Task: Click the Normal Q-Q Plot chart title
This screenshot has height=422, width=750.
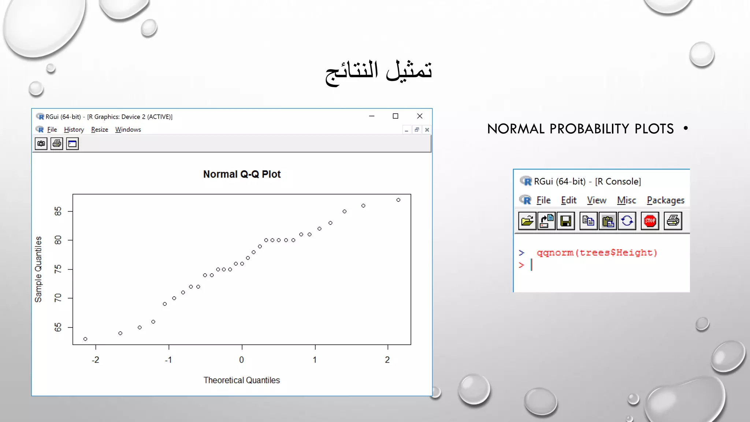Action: pyautogui.click(x=242, y=174)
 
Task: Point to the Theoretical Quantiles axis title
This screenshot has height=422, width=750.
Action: pyautogui.click(x=242, y=380)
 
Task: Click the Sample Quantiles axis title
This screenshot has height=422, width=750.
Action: pyautogui.click(x=38, y=269)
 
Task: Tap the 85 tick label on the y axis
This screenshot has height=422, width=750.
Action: pyautogui.click(x=58, y=211)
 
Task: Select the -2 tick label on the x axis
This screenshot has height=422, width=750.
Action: pyautogui.click(x=95, y=360)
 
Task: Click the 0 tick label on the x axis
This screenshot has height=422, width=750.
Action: pyautogui.click(x=241, y=360)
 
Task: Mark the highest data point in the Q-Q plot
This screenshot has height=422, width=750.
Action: pyautogui.click(x=398, y=200)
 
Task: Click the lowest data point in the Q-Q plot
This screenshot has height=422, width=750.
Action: pyautogui.click(x=85, y=339)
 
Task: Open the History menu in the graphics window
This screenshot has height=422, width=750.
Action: pyautogui.click(x=74, y=130)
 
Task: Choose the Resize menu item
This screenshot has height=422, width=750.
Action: pyautogui.click(x=100, y=130)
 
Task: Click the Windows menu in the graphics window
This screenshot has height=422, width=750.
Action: pyautogui.click(x=128, y=130)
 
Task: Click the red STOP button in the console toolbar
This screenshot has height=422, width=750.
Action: pyautogui.click(x=650, y=221)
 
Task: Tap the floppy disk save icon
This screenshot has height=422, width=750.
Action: pyautogui.click(x=566, y=221)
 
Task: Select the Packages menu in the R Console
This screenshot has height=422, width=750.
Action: pyautogui.click(x=665, y=200)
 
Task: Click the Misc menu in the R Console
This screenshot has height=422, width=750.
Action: pyautogui.click(x=626, y=200)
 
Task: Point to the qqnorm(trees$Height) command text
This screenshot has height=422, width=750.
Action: pyautogui.click(x=597, y=253)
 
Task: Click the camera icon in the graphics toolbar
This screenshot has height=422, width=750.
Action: pyautogui.click(x=41, y=144)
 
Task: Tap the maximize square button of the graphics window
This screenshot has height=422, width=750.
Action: pyautogui.click(x=396, y=116)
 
